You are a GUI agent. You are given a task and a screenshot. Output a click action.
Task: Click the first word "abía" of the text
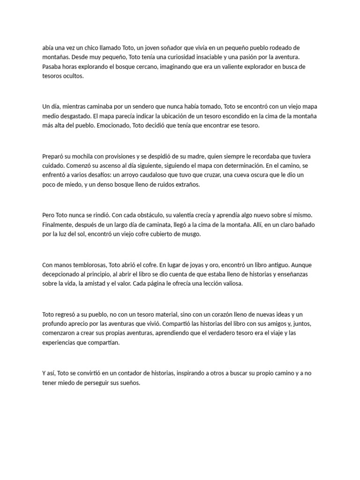(x=48, y=48)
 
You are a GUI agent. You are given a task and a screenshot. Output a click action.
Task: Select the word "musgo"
(x=189, y=234)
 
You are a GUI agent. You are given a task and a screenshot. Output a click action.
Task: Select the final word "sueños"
(x=127, y=383)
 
